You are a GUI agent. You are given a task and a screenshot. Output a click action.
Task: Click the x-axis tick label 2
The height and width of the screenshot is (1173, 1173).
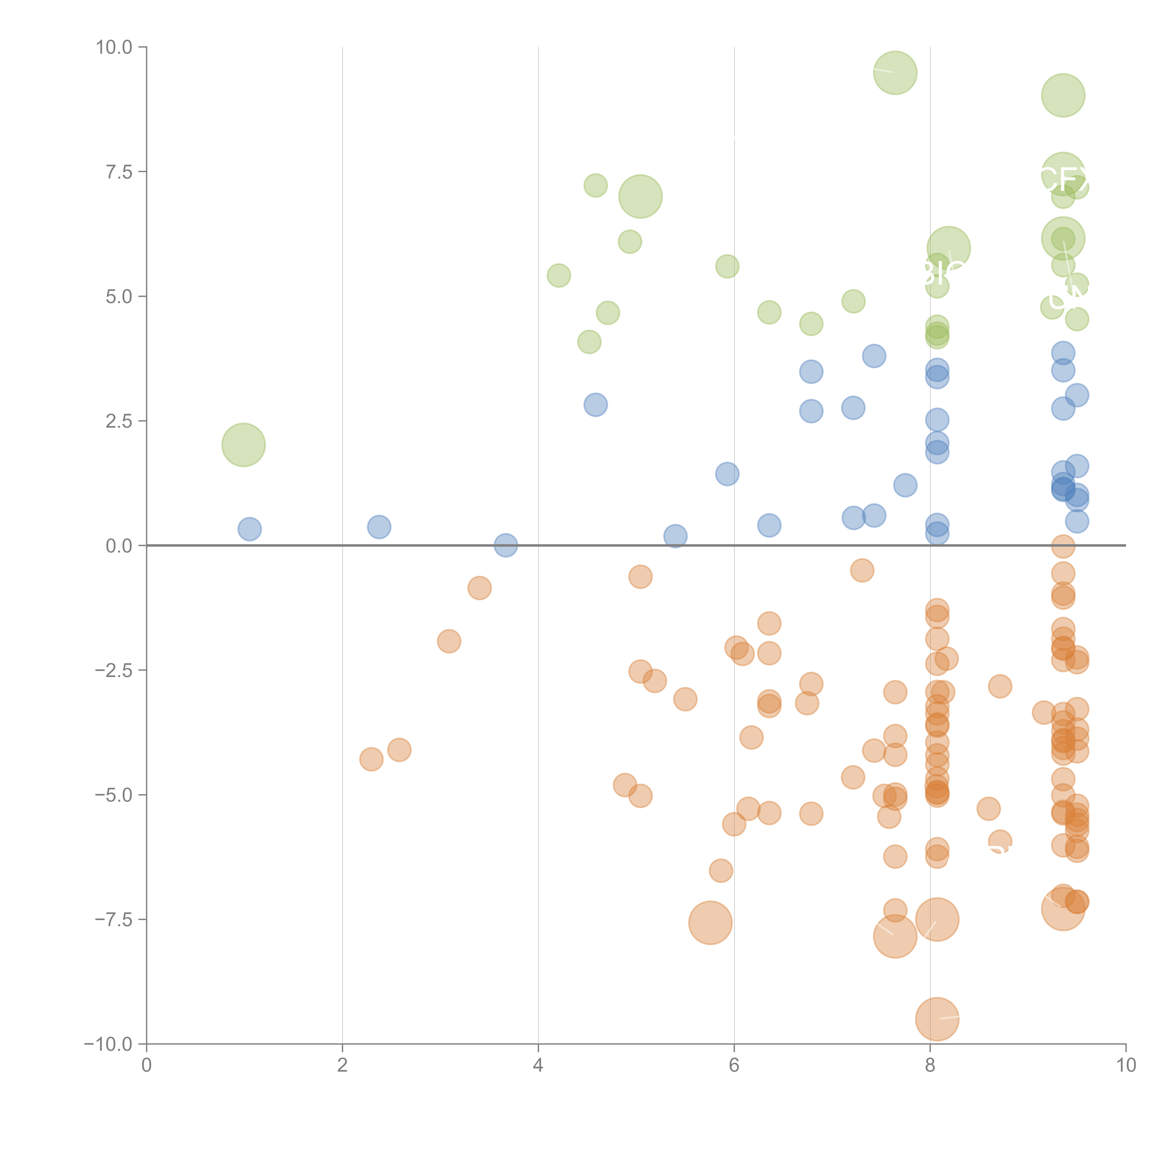(343, 1066)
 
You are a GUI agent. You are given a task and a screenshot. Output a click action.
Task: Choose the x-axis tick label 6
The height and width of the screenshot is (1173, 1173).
(734, 1066)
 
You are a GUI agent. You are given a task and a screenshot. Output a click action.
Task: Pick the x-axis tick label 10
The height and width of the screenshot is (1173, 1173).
(1126, 1066)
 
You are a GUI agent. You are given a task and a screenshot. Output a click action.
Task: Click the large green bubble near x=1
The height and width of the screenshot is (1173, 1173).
(244, 444)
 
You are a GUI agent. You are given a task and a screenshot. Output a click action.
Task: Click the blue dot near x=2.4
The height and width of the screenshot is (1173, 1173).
(379, 526)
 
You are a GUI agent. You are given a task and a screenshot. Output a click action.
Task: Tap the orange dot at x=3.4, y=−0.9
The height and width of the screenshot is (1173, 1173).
(479, 588)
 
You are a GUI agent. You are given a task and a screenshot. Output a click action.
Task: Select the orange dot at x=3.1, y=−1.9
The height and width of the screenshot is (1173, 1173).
(449, 640)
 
